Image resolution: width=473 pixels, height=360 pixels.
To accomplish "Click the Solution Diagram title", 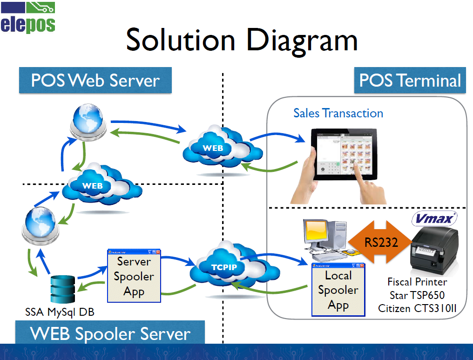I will click(242, 39).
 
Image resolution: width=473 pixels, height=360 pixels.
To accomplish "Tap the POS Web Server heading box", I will click(95, 81).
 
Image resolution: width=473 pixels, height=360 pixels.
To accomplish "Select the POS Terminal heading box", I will click(410, 81).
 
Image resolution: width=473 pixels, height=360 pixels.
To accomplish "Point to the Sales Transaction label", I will click(338, 113).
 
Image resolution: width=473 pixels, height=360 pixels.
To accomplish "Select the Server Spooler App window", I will click(134, 277).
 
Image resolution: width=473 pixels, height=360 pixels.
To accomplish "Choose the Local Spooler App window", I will click(338, 290).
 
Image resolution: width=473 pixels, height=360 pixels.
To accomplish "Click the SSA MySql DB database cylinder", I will click(62, 289).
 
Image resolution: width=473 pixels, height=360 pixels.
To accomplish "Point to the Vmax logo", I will click(435, 218).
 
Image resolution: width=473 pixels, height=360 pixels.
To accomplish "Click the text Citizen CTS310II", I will click(417, 308).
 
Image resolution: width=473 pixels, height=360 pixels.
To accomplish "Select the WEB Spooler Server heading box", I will click(110, 334).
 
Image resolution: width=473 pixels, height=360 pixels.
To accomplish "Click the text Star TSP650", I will click(417, 295).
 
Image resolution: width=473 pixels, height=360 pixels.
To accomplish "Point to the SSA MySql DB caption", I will click(60, 312).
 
